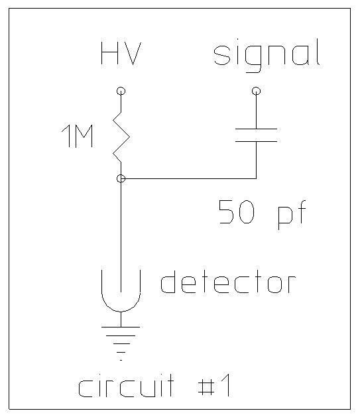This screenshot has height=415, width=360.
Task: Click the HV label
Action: (x=121, y=54)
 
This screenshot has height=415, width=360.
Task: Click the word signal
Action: (x=267, y=56)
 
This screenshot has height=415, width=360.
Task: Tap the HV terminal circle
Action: (x=121, y=91)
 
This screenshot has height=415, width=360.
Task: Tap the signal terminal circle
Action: (x=256, y=91)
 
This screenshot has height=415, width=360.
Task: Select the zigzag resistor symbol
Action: (x=121, y=137)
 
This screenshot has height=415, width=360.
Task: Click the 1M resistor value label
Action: (x=77, y=136)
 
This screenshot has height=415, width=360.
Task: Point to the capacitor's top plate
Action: (x=256, y=129)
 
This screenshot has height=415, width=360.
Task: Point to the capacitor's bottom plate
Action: (x=256, y=141)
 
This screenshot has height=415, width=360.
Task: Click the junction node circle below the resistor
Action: (x=121, y=178)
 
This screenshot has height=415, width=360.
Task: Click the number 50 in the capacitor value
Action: (x=237, y=212)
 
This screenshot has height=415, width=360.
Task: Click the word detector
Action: (x=228, y=282)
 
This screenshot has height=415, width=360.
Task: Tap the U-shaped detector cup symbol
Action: (x=121, y=310)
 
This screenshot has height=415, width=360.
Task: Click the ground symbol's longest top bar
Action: (x=121, y=327)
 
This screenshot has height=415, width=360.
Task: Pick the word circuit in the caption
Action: (x=126, y=386)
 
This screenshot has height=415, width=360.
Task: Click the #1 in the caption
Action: (x=214, y=385)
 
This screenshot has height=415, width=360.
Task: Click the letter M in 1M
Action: (x=84, y=136)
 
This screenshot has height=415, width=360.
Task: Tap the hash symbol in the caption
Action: (x=206, y=386)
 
